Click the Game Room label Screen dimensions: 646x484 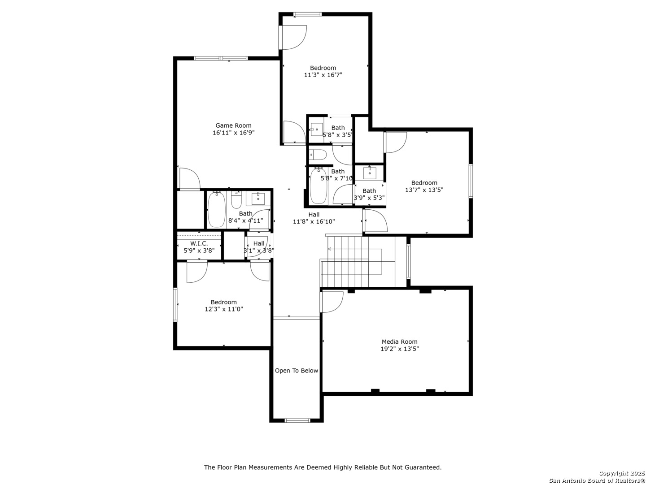[x=233, y=125]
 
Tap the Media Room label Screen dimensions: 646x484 [x=399, y=342]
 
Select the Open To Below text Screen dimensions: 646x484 [x=297, y=371]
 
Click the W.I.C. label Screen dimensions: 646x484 [x=199, y=244]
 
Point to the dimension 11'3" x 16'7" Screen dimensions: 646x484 [x=323, y=75]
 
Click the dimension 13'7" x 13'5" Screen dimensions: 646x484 [x=424, y=190]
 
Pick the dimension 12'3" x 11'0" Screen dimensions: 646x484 [x=224, y=309]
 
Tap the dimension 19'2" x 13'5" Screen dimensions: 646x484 [x=399, y=349]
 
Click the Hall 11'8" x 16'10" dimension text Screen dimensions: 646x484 [x=314, y=221]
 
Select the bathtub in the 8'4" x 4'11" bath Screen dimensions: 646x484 [x=217, y=210]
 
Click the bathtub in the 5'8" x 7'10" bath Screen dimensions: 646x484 [x=318, y=186]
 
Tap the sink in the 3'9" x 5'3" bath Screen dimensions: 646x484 [x=369, y=173]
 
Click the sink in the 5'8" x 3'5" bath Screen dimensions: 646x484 [x=317, y=130]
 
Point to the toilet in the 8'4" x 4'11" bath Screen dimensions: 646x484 [x=236, y=200]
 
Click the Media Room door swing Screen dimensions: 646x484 [x=332, y=302]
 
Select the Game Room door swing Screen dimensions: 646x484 [x=190, y=178]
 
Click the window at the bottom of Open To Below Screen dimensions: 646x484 [x=297, y=420]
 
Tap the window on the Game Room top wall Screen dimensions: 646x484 [x=221, y=58]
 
